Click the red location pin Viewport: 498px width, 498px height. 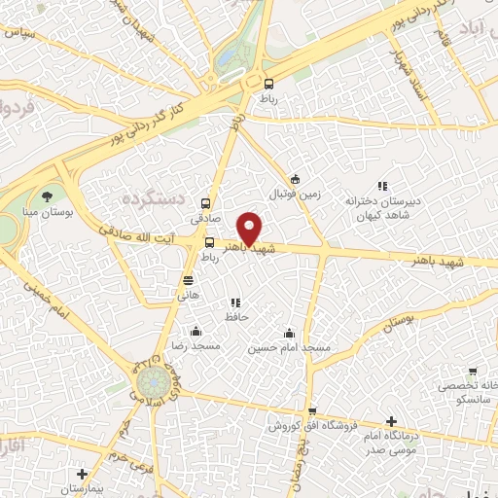pos(251,229)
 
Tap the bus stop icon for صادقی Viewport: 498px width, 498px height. pos(205,203)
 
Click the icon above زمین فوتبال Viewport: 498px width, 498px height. pos(296,179)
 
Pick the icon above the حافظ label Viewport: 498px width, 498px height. pos(234,302)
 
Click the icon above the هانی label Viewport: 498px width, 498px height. pos(187,280)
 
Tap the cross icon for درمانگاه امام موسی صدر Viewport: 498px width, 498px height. pos(391,422)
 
